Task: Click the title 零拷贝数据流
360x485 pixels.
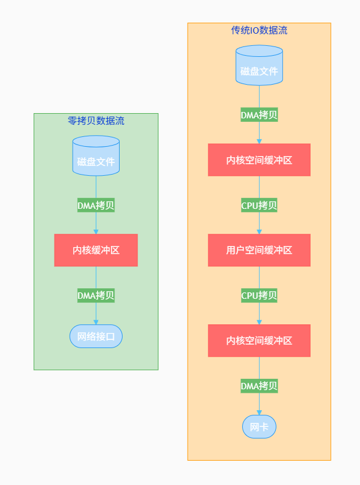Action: pos(96,121)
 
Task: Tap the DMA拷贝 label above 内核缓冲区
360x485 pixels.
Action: pos(96,205)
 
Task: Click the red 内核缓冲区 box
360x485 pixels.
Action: pos(96,250)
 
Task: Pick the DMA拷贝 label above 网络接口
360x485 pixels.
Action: pos(96,295)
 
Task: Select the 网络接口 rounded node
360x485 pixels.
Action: pos(96,336)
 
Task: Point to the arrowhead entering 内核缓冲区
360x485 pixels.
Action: pos(96,231)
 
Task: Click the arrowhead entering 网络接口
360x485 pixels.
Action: pos(96,321)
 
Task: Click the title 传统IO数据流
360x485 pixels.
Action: pos(259,30)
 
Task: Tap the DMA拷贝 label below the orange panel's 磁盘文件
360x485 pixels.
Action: pos(259,114)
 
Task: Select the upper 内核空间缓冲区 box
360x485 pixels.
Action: pos(259,160)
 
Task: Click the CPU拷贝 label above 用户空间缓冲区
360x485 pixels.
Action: pos(259,205)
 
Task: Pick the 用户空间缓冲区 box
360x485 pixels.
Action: pos(259,250)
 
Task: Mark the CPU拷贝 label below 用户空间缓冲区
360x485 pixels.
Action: pos(259,295)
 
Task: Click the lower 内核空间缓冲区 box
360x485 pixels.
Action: pos(259,341)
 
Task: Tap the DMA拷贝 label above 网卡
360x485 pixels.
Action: pos(259,386)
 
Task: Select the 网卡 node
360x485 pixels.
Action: pos(259,427)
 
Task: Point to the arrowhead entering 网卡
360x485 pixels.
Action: pos(259,412)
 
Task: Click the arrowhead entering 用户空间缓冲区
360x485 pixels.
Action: pos(259,231)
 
